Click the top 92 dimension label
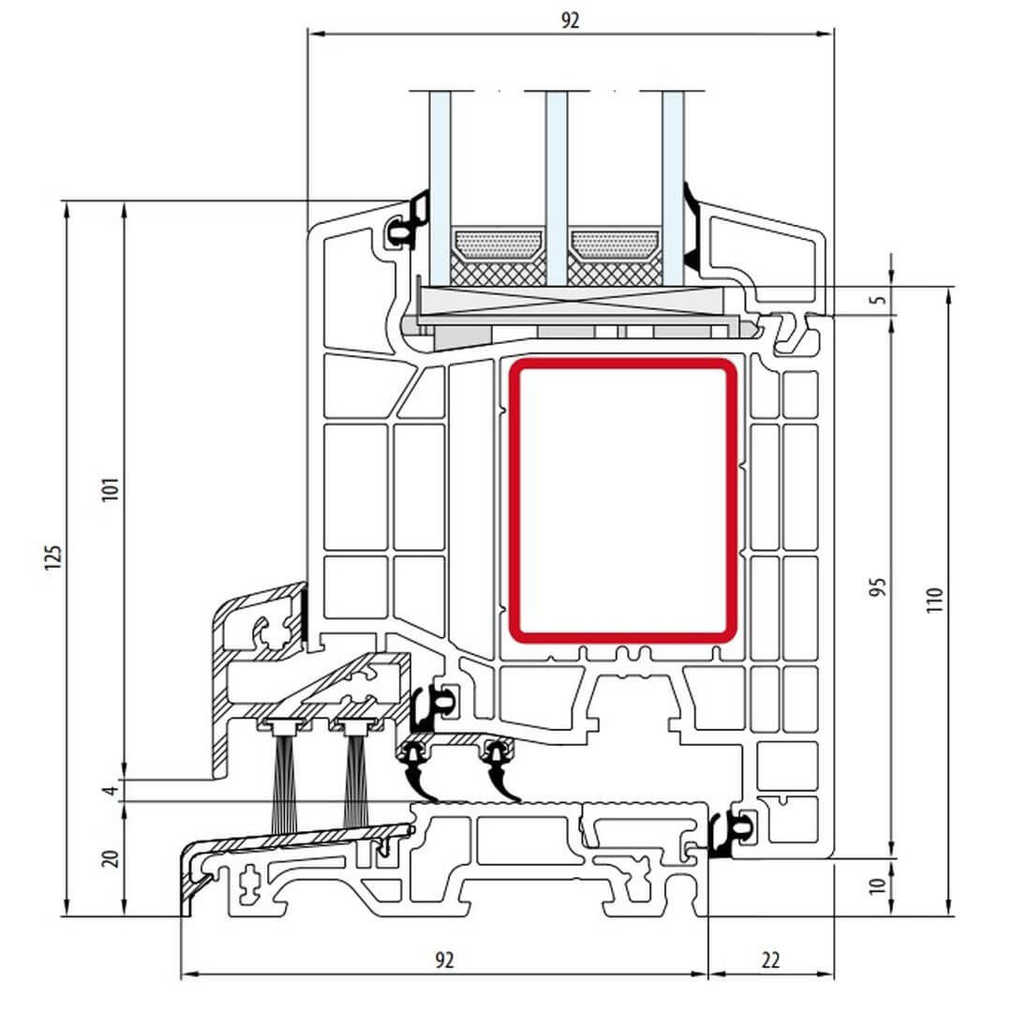(x=570, y=21)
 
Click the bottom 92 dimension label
(x=444, y=960)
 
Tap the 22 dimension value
(x=770, y=960)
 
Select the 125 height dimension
(x=53, y=557)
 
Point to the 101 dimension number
(x=111, y=488)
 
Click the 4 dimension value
(x=112, y=790)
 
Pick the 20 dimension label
(x=111, y=858)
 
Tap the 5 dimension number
(x=878, y=300)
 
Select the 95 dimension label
(x=878, y=587)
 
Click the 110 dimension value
(x=934, y=601)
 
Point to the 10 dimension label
(x=878, y=885)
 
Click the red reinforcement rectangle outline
(x=623, y=501)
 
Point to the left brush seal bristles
(x=284, y=783)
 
